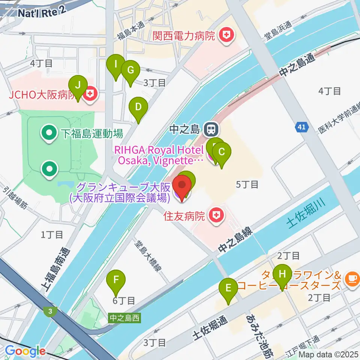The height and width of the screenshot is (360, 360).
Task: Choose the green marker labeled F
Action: [116, 280]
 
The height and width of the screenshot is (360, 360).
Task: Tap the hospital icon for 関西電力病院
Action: [226, 36]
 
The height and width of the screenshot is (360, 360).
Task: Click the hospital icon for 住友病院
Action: [215, 216]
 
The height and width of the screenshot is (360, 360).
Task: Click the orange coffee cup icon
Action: [352, 278]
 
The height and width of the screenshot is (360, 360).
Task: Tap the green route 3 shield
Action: [49, 311]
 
